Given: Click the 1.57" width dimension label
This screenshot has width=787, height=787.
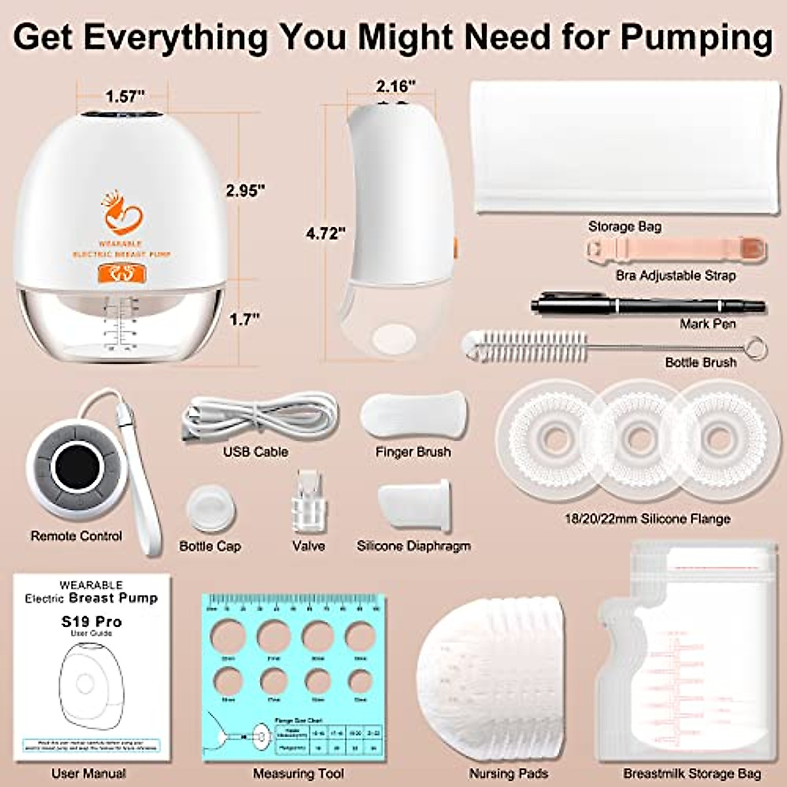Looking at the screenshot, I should [x=125, y=96].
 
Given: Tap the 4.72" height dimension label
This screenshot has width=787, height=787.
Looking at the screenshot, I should [x=325, y=233].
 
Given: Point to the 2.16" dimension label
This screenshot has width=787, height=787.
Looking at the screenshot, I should [x=395, y=86].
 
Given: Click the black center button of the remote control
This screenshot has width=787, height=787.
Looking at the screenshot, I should [x=78, y=467].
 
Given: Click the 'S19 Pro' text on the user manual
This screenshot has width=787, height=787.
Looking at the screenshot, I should [x=91, y=621].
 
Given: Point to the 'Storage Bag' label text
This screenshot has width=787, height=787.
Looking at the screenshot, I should [x=624, y=226].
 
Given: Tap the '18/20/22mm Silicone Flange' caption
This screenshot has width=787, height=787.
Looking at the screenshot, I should [x=647, y=519].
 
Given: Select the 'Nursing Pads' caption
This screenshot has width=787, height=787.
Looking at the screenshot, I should [x=508, y=774].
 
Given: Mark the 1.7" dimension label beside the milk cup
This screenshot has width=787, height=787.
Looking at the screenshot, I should [x=244, y=319].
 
